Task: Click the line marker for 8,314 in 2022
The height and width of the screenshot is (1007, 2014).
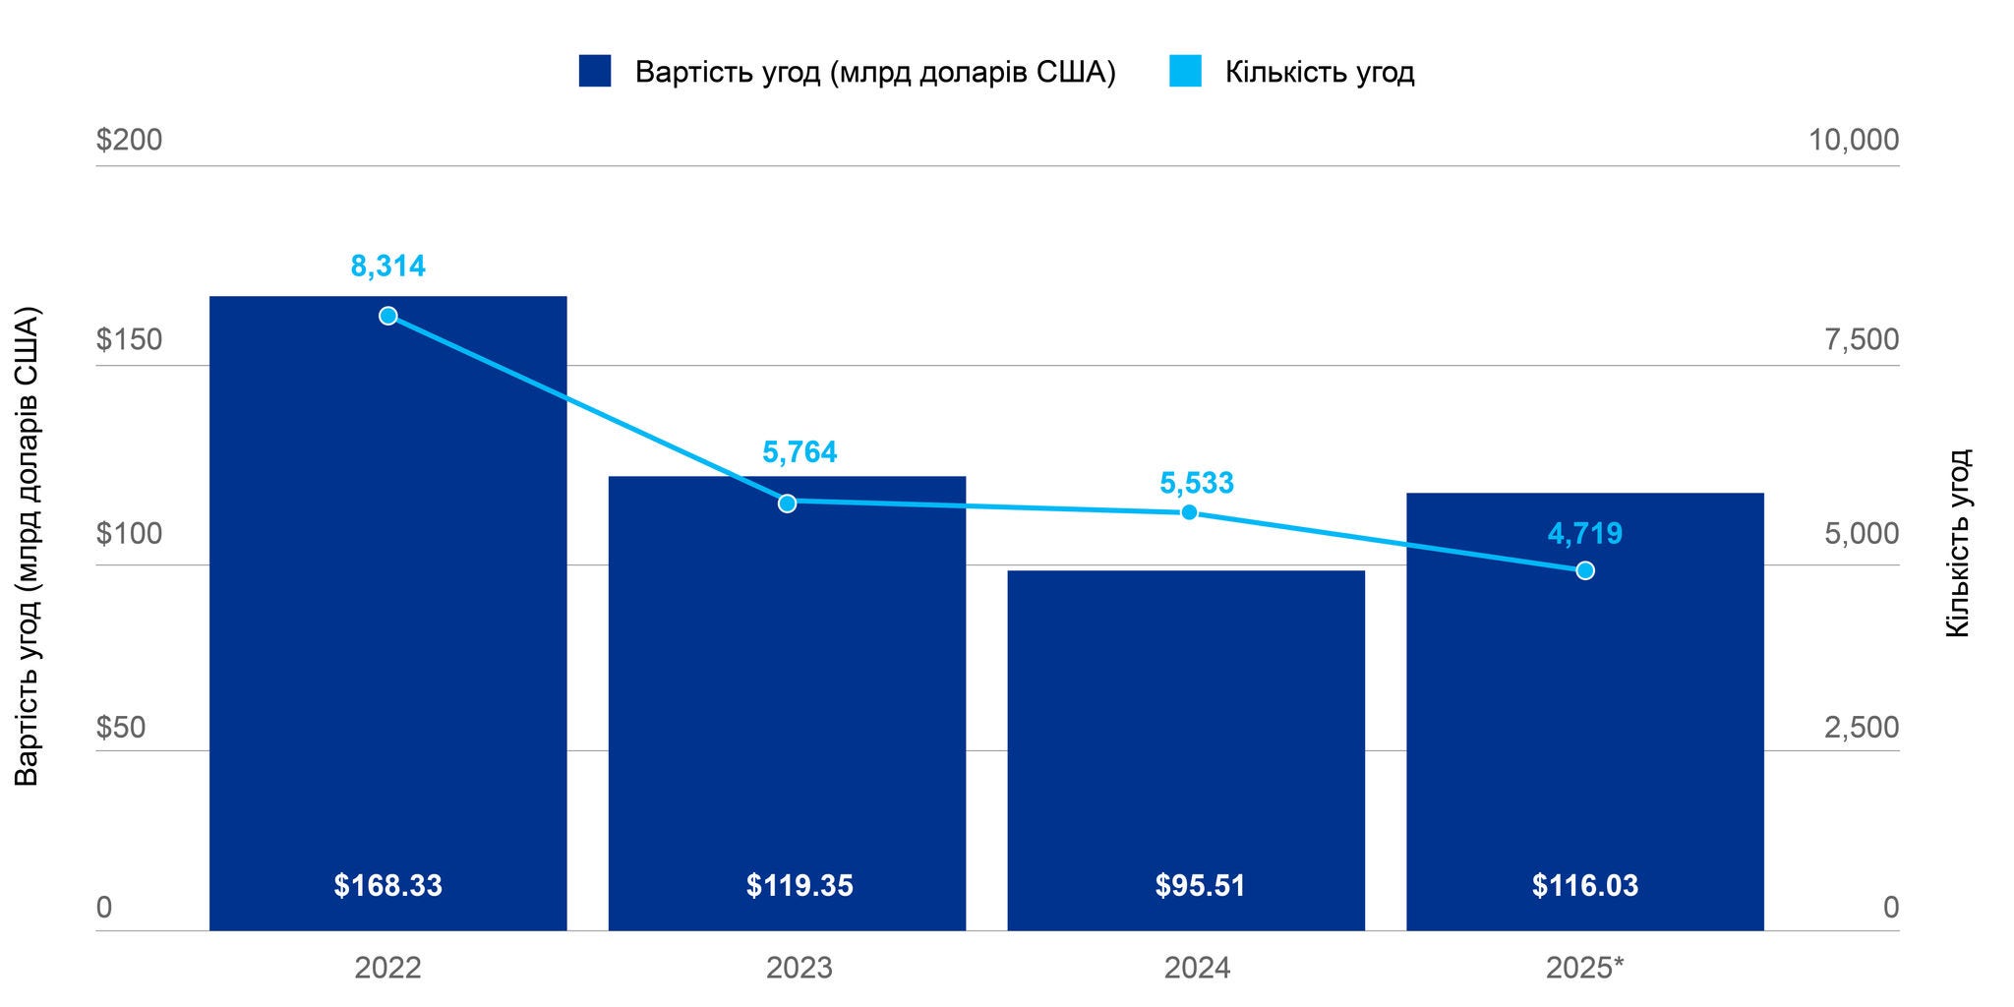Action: [x=388, y=316]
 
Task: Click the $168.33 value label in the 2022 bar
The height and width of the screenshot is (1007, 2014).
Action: [x=388, y=886]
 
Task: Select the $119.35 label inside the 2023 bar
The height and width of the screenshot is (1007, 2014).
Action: [x=800, y=886]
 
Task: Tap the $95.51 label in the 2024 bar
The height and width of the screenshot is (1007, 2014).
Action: [x=1200, y=886]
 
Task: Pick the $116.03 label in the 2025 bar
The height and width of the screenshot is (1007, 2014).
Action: [x=1585, y=886]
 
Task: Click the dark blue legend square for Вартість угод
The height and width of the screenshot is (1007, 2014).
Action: [x=595, y=72]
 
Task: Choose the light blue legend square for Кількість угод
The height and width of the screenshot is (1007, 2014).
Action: [x=1185, y=72]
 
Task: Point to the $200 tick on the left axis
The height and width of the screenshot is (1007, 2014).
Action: [x=130, y=140]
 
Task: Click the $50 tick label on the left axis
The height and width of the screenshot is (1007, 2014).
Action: [x=121, y=728]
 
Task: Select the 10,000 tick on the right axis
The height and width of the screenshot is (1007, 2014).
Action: [x=1854, y=140]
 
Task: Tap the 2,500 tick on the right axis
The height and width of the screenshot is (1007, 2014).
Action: [x=1862, y=728]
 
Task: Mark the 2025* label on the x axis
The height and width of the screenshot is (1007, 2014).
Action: [x=1585, y=969]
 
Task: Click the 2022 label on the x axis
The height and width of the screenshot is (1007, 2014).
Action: [x=388, y=969]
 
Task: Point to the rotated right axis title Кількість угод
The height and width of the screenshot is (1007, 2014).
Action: [x=1959, y=543]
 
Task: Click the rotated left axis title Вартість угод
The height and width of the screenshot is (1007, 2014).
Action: [x=28, y=547]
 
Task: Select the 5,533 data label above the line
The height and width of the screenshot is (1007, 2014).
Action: [x=1197, y=483]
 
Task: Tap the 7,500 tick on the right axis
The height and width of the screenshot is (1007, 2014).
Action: [x=1862, y=340]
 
